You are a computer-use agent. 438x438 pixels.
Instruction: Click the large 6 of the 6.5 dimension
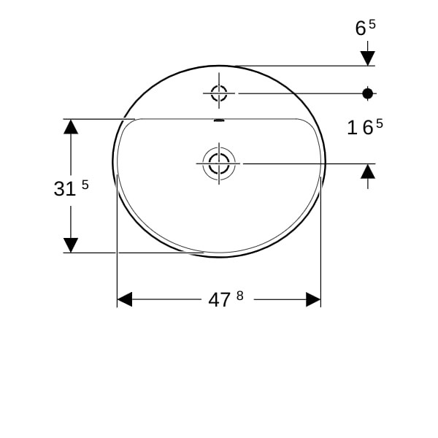tap(361, 28)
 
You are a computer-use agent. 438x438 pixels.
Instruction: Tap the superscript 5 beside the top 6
tap(372, 24)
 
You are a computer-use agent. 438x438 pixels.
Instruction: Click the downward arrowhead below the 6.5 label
tap(368, 58)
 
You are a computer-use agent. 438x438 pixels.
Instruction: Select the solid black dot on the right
tap(368, 93)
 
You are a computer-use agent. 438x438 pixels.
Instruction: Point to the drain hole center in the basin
tap(219, 164)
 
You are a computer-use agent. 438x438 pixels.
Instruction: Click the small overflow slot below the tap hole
tap(219, 120)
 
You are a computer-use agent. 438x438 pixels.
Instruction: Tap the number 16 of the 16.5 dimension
tap(360, 128)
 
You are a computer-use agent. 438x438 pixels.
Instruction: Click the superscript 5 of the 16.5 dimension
tap(379, 123)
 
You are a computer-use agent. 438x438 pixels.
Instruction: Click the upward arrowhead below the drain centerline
tap(368, 172)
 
